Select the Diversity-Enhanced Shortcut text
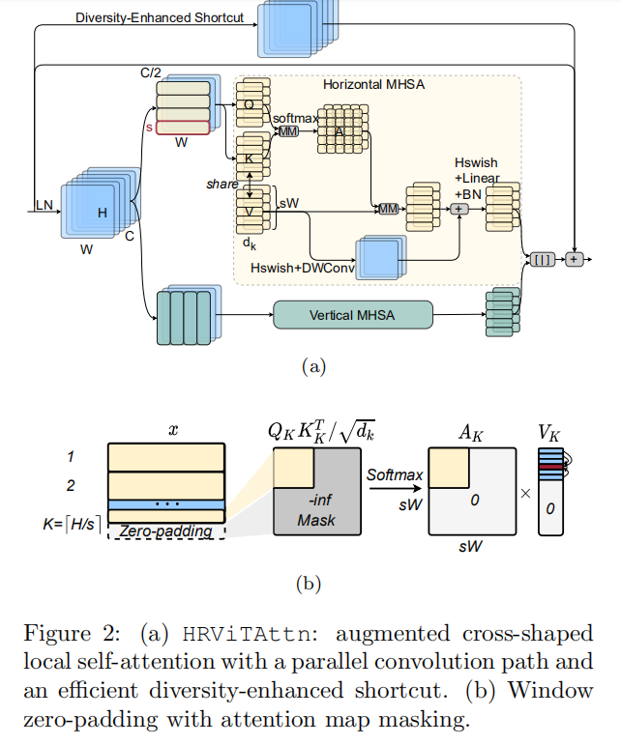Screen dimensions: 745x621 point(160,17)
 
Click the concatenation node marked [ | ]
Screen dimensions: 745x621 point(540,259)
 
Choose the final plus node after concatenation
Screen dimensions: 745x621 point(575,259)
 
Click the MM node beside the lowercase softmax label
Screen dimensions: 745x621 point(288,131)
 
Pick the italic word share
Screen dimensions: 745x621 point(222,184)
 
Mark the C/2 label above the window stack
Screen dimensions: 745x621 point(150,72)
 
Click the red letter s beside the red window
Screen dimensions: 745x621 point(149,128)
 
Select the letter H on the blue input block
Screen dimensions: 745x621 point(102,213)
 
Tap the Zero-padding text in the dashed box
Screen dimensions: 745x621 point(166,530)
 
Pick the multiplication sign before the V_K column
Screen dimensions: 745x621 point(525,493)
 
